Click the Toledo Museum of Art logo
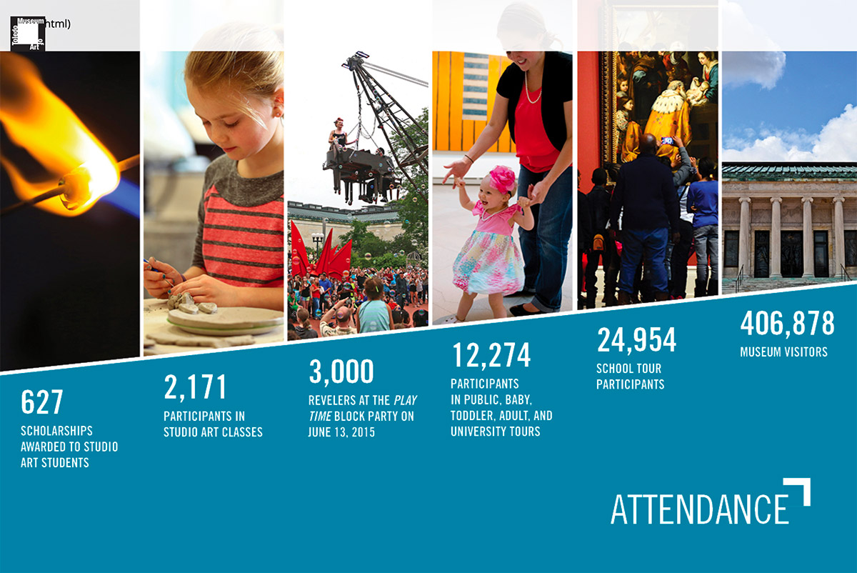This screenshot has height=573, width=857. click(x=28, y=34)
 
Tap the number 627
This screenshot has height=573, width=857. click(x=42, y=402)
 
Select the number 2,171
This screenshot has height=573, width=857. click(x=195, y=387)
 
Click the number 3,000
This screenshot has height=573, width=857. click(x=341, y=371)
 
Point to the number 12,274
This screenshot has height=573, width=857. click(x=491, y=355)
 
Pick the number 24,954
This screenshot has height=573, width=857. click(x=636, y=339)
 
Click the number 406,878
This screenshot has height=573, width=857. click(x=787, y=324)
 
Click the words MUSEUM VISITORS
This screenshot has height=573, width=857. click(x=783, y=352)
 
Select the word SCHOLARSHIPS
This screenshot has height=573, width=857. click(x=56, y=431)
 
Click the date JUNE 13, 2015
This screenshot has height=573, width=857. click(x=341, y=432)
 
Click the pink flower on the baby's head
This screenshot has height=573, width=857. click(x=502, y=180)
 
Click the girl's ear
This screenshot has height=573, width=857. click(x=278, y=104)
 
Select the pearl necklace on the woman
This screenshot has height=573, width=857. click(x=532, y=89)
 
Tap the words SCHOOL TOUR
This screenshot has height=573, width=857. click(x=628, y=368)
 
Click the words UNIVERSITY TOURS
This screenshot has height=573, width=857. click(x=495, y=432)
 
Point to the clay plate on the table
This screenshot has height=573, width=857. click(x=226, y=321)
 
